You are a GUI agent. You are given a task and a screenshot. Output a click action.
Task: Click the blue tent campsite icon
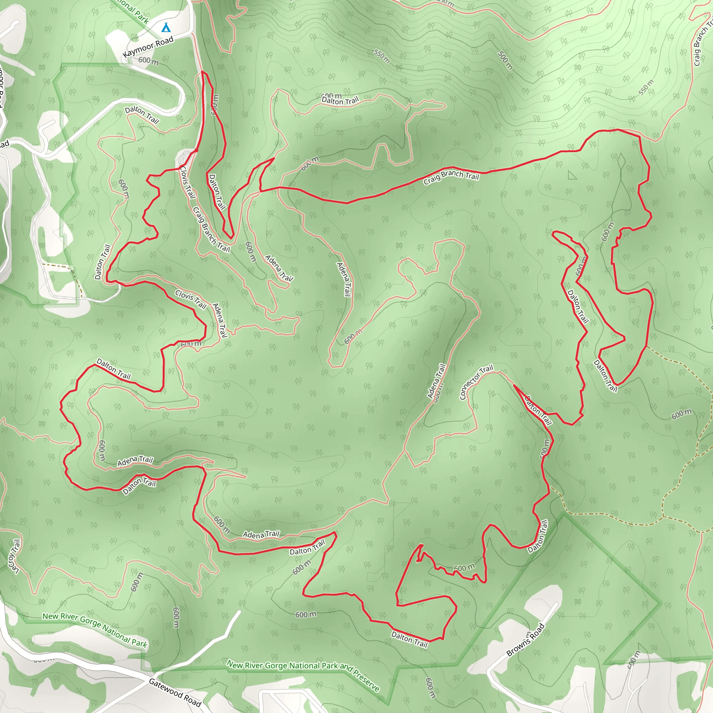click(x=166, y=27)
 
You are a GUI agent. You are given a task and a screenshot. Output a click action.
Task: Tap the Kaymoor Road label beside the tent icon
click(x=148, y=47)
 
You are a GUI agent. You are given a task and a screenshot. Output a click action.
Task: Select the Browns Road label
click(x=525, y=640)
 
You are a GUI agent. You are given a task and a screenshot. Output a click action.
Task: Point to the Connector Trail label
click(x=476, y=382)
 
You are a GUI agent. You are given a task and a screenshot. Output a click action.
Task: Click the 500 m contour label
click(x=505, y=60)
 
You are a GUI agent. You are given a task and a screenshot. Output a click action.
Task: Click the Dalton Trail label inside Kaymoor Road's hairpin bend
click(x=142, y=115)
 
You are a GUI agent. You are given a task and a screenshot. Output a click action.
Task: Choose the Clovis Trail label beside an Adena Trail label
click(x=190, y=299)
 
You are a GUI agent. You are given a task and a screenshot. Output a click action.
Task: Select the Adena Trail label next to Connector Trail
click(x=437, y=381)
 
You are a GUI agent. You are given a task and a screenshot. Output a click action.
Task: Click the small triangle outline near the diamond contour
click(x=572, y=175)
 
